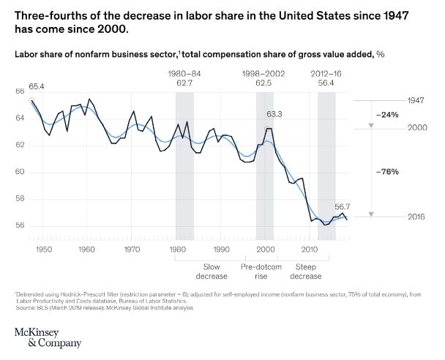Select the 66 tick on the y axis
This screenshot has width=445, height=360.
coord(19,91)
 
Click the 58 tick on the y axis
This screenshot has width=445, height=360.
coord(19,198)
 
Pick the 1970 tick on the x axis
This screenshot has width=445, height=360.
coord(132,250)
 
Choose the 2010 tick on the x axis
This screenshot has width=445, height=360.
coord(310,250)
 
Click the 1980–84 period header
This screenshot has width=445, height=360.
coord(184,74)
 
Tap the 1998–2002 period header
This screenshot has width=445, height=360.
coord(264,74)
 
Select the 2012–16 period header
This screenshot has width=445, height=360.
coord(326,74)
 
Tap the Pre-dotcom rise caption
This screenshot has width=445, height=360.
coord(264,271)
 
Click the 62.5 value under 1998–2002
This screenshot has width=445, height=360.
coord(264,83)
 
